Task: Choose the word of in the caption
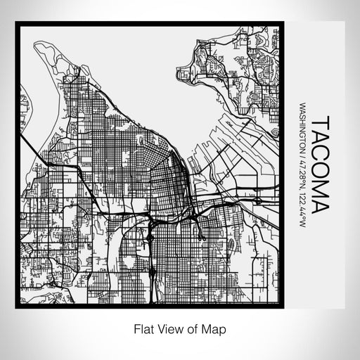click(x=195, y=328)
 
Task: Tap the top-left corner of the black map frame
click(x=17, y=24)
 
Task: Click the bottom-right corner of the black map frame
click(x=284, y=308)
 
